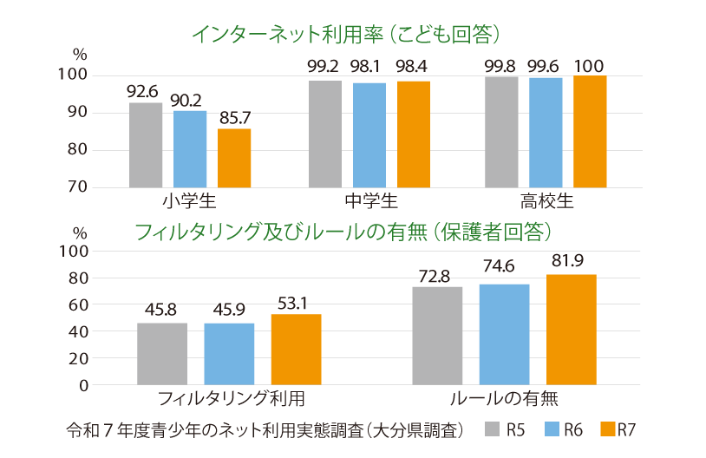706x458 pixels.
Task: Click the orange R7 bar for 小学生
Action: [234, 158]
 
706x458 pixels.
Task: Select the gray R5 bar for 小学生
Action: [146, 145]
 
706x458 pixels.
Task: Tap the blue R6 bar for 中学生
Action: [369, 134]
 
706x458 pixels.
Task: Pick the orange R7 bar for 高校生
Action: [590, 131]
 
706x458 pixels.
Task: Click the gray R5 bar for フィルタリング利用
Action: [162, 353]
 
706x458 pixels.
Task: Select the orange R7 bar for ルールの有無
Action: [571, 329]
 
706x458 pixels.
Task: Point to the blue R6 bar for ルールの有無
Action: [504, 334]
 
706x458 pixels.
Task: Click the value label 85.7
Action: [234, 115]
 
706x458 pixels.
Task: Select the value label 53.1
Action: [296, 301]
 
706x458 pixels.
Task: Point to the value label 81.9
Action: [571, 261]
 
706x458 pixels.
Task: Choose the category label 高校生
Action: [546, 202]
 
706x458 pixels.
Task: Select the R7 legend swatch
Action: [606, 429]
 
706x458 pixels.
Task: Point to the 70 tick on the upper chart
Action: [76, 186]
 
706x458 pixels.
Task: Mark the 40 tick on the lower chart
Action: [77, 331]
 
